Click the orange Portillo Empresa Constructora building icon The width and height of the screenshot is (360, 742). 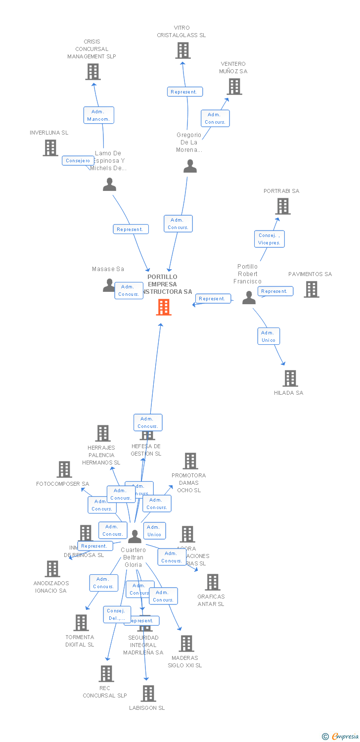tap(164, 307)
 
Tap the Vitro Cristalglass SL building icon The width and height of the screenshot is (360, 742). tap(183, 50)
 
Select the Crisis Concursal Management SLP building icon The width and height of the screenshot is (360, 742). tap(92, 72)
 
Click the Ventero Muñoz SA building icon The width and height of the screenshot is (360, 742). tap(234, 87)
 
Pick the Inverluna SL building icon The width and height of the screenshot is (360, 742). tap(50, 147)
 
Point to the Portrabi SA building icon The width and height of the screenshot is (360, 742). tap(282, 206)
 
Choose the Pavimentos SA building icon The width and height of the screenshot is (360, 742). tap(311, 289)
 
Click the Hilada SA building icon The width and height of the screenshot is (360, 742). tap(290, 378)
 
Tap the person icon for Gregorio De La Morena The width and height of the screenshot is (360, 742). tap(190, 166)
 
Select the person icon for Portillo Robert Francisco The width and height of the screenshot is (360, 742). tap(249, 297)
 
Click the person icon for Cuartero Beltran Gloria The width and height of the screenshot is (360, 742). tap(135, 536)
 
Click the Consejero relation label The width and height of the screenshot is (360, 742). tap(78, 161)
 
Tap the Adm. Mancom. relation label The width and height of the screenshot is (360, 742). tap(99, 115)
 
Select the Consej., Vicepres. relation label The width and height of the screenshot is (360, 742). tap(270, 239)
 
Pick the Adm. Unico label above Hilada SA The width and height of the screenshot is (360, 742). tap(269, 336)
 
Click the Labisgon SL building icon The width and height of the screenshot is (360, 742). tap(148, 694)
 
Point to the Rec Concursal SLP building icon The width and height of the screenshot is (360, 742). tap(106, 674)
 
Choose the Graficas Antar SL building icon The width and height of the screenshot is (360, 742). tap(213, 582)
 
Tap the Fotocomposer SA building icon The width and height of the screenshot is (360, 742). tap(64, 469)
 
